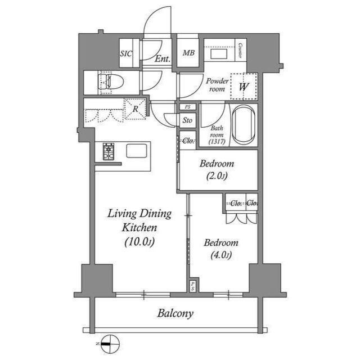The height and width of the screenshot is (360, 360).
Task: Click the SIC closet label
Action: click(x=126, y=54)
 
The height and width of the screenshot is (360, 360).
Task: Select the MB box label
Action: click(x=188, y=54)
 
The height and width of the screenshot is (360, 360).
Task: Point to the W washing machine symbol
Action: click(x=244, y=87)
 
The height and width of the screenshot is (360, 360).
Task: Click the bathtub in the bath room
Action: click(x=244, y=124)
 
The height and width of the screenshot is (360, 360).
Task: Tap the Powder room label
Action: click(x=218, y=84)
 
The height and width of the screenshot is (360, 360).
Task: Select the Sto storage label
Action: click(x=187, y=120)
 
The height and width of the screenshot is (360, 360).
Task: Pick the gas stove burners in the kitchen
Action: click(x=108, y=151)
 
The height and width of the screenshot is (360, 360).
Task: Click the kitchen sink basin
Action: click(x=137, y=151)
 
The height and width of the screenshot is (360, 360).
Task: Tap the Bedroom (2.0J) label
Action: click(x=217, y=169)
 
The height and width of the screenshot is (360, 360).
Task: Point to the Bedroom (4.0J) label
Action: click(x=221, y=249)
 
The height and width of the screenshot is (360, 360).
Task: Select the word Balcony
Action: click(x=175, y=313)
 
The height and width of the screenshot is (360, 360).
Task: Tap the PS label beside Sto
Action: click(x=187, y=107)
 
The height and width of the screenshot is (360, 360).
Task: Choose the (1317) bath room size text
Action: click(x=217, y=142)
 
